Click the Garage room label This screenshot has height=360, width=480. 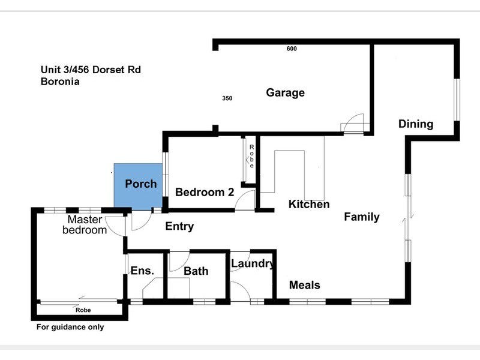(x=285, y=93)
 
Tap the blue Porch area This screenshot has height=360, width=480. (x=139, y=186)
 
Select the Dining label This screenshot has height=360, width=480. (x=416, y=124)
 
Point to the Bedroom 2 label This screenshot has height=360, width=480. (x=204, y=193)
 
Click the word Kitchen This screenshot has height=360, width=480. (x=309, y=205)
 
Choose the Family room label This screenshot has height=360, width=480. (x=361, y=217)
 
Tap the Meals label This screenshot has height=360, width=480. (x=304, y=286)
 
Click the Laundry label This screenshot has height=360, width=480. (x=253, y=263)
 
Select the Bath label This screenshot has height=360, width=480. (x=196, y=271)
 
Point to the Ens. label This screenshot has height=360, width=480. (x=143, y=271)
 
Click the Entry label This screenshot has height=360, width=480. (x=179, y=226)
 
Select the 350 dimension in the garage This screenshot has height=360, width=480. (x=227, y=98)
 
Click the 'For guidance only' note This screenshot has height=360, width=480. (x=70, y=327)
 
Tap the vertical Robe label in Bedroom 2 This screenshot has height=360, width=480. (x=252, y=157)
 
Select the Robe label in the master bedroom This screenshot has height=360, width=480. (x=83, y=310)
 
